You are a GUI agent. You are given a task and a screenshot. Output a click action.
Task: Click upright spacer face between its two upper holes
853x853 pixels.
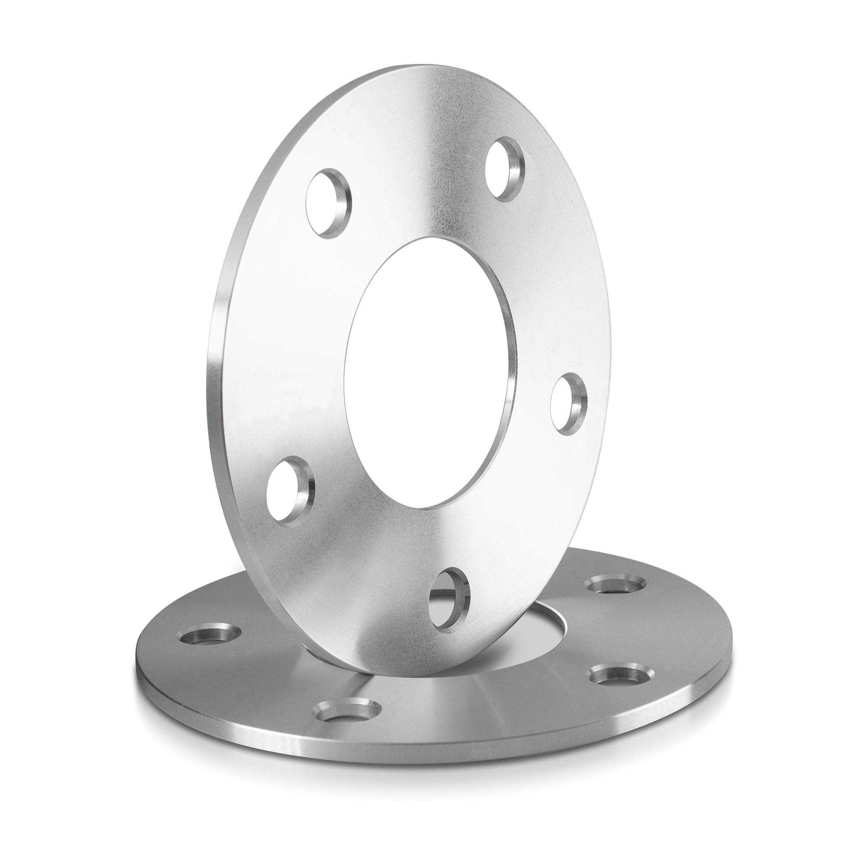[x=415, y=177]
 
